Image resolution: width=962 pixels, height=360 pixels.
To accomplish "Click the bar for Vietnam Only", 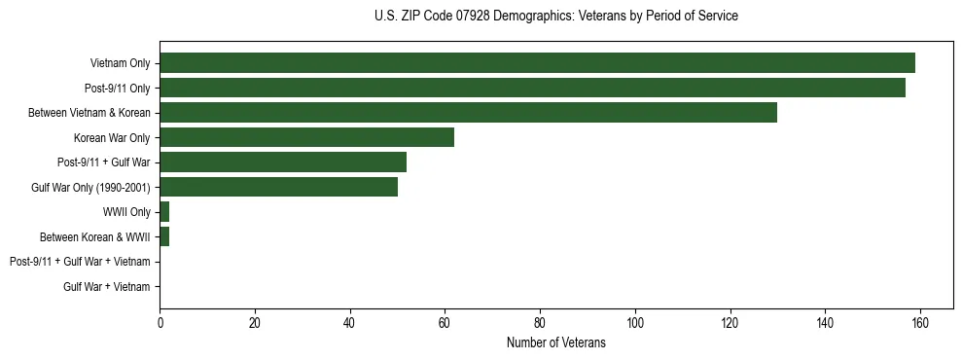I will tap(537, 63).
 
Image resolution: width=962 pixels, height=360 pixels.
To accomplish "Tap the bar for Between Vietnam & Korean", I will tap(468, 113).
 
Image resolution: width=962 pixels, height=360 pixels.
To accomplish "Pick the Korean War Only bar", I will tap(306, 137).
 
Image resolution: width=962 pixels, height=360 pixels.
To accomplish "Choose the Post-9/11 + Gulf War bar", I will tap(283, 162).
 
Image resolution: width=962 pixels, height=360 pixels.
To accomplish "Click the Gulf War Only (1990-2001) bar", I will tap(278, 187).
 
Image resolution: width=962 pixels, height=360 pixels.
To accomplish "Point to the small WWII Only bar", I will tap(164, 212).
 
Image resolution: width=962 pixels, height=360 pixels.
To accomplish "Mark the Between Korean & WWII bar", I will tap(164, 236).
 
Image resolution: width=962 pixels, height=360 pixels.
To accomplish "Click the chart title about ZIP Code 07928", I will tap(555, 16).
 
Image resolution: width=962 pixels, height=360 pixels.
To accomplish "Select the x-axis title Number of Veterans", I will tap(555, 342).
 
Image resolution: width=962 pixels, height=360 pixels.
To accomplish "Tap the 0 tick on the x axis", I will tap(160, 323).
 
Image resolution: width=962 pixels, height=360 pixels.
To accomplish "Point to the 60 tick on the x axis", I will tap(445, 323).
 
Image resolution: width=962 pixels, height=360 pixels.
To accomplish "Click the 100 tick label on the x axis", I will tap(635, 323).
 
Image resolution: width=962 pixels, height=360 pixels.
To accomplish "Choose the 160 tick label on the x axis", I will tap(920, 323).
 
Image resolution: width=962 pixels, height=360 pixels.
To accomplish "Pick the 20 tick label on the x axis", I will tap(255, 323).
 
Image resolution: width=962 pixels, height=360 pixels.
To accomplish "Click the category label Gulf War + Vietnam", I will tap(106, 287).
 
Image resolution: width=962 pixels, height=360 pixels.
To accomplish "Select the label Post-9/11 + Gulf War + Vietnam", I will tap(80, 262).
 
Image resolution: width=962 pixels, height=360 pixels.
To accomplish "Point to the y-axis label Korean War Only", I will tap(112, 138).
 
